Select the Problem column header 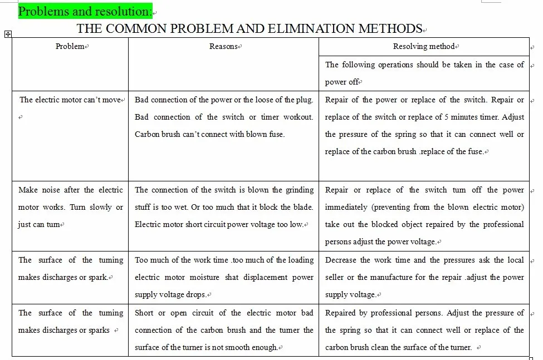click(x=70, y=47)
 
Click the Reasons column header click(x=223, y=47)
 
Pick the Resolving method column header click(x=424, y=47)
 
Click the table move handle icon click(x=8, y=34)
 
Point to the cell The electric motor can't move click(x=70, y=100)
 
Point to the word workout click(x=299, y=117)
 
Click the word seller click(x=335, y=277)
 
